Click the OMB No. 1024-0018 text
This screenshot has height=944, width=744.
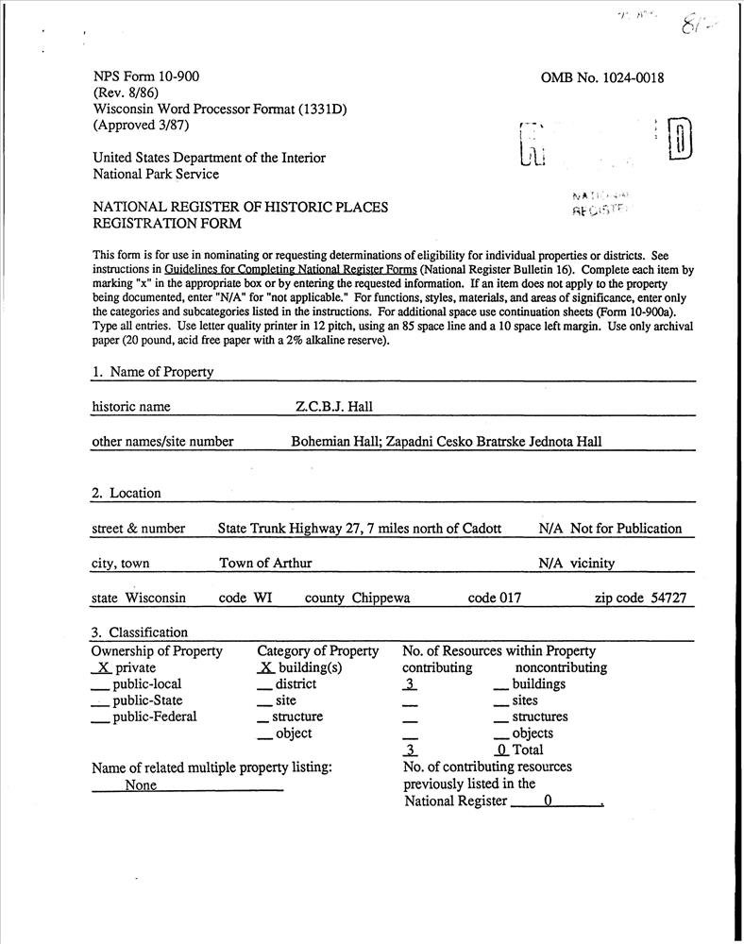click(x=602, y=77)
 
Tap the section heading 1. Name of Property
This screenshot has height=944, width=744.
click(x=152, y=372)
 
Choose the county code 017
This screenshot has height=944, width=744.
click(x=508, y=598)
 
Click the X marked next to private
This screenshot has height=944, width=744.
click(x=102, y=667)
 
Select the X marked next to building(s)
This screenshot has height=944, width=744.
click(x=265, y=667)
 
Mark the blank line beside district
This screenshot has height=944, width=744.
click(x=264, y=685)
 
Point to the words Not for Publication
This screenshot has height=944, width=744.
click(x=626, y=529)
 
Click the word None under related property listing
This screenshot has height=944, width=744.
click(x=141, y=785)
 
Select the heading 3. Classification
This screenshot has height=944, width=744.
click(x=140, y=632)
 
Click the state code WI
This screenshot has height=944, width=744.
click(x=262, y=598)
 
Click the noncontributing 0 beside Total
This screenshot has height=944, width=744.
click(x=503, y=750)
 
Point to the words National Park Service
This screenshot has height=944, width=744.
click(x=155, y=174)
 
